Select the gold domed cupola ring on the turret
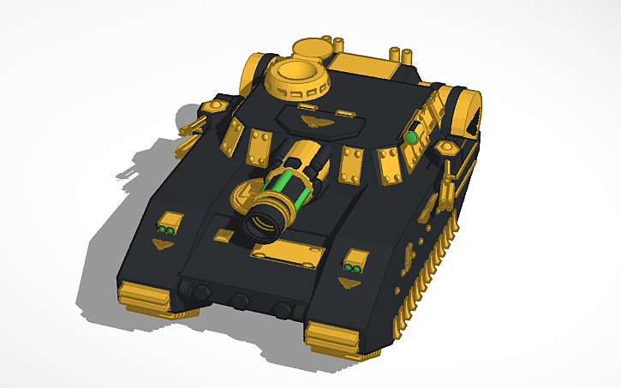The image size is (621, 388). click(x=298, y=81)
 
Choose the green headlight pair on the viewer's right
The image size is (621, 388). click(x=352, y=269)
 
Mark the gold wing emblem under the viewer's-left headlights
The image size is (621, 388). click(x=161, y=245)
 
